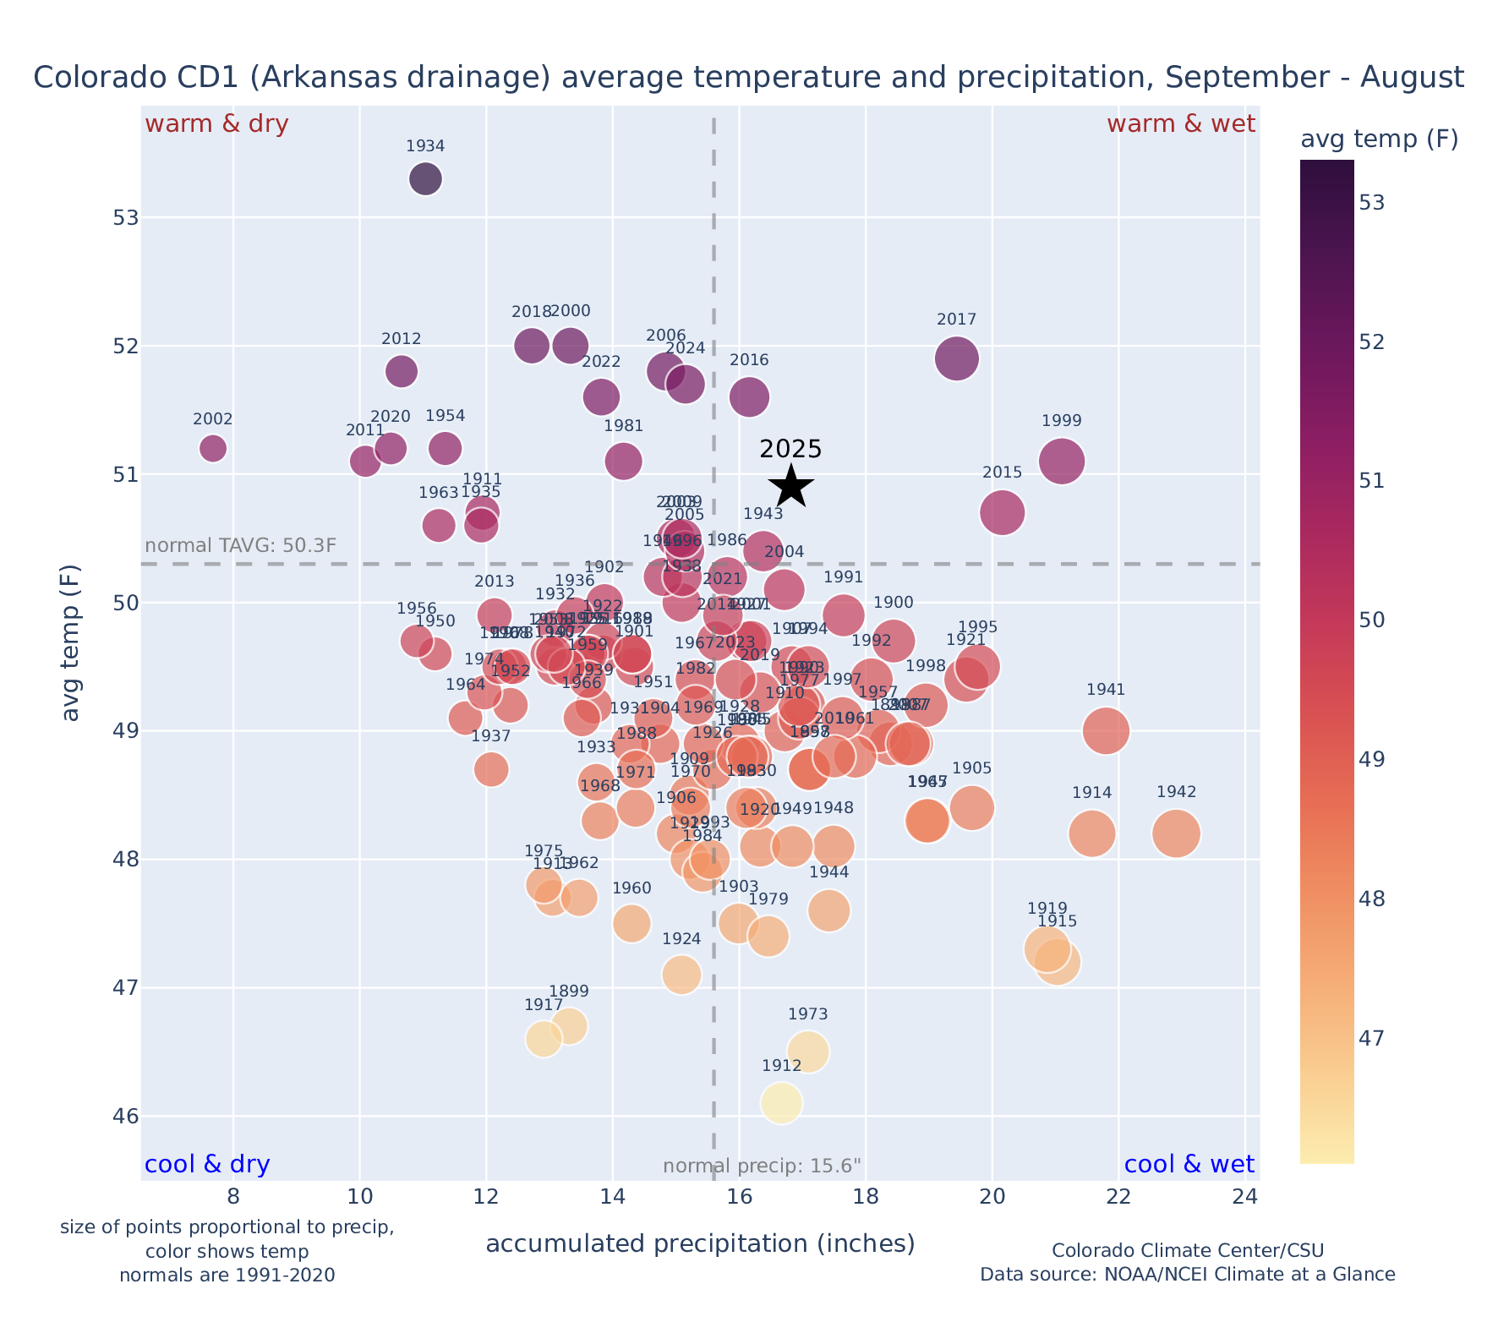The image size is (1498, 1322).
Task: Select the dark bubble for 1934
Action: (425, 179)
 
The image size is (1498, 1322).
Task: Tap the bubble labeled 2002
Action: (213, 448)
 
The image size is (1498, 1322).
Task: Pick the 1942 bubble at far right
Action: (1176, 833)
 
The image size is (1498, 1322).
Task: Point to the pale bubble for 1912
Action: (781, 1103)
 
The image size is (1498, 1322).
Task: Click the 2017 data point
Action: (957, 358)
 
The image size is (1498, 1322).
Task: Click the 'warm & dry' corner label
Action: (217, 124)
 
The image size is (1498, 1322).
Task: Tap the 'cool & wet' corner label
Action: (1189, 1165)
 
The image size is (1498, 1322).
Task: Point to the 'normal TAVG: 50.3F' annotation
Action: (241, 545)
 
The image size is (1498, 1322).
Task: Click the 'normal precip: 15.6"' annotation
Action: (762, 1166)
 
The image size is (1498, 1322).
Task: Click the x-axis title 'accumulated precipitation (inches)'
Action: (700, 1243)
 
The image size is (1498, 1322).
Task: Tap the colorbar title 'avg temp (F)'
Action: (1379, 139)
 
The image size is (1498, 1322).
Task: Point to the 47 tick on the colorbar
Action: (1373, 1037)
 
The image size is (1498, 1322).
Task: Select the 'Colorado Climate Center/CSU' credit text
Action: (1188, 1250)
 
